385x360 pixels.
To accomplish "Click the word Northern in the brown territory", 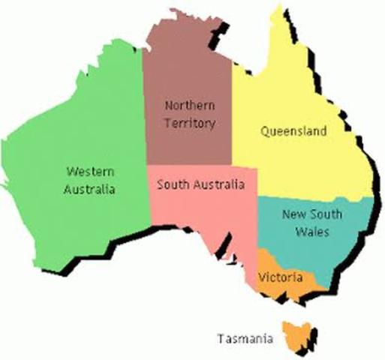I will [189, 106].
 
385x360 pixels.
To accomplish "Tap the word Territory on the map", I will [189, 122].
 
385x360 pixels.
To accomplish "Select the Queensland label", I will [293, 131].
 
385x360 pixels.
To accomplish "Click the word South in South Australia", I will [170, 184].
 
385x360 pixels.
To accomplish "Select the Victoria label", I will [280, 277].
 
